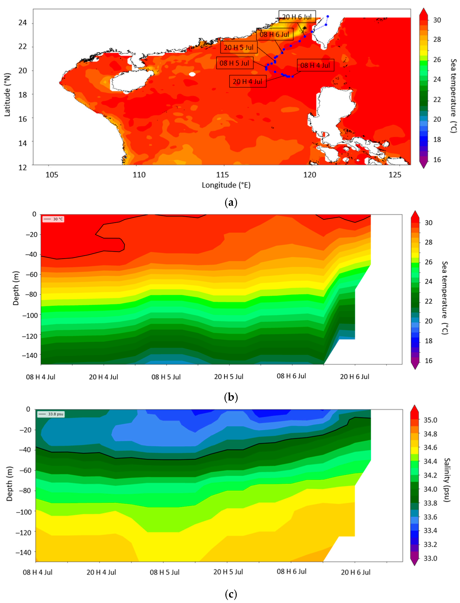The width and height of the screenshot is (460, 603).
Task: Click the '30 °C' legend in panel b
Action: [x=53, y=219]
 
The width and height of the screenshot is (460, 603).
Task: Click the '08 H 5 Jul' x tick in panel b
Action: [x=166, y=377]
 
